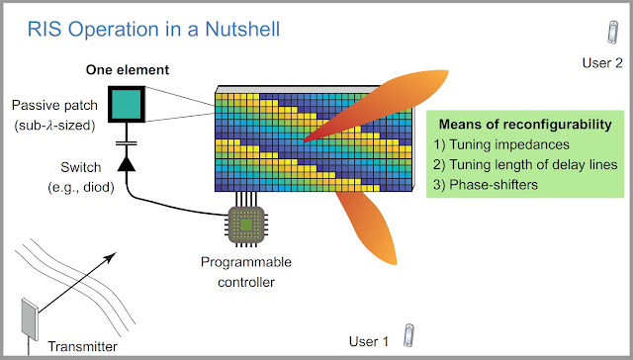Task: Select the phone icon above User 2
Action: click(612, 31)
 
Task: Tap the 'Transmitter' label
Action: click(82, 345)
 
